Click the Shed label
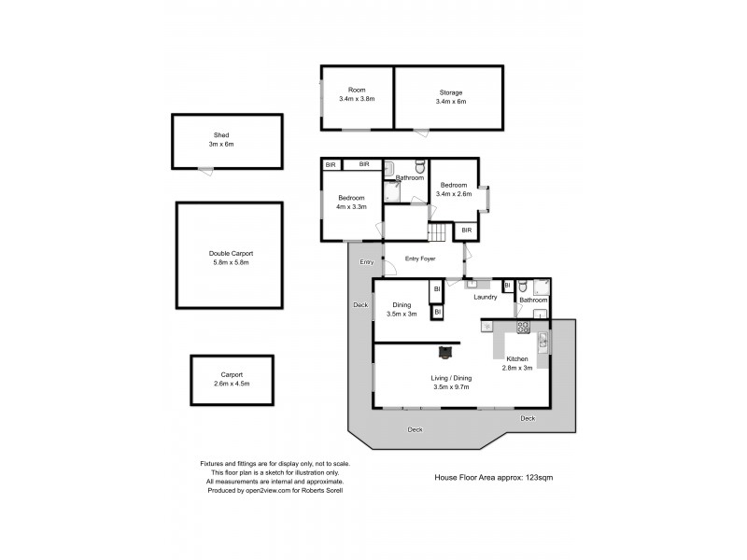[x=220, y=135]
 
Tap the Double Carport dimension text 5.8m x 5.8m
[x=231, y=262]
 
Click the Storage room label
[x=451, y=92]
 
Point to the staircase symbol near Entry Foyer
[x=439, y=232]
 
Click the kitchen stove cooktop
[x=523, y=327]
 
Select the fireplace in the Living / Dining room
[x=445, y=352]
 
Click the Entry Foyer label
[x=420, y=259]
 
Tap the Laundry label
[x=485, y=298]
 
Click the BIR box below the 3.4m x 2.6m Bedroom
[x=465, y=230]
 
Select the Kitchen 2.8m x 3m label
[x=518, y=363]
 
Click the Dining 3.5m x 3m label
[x=402, y=309]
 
